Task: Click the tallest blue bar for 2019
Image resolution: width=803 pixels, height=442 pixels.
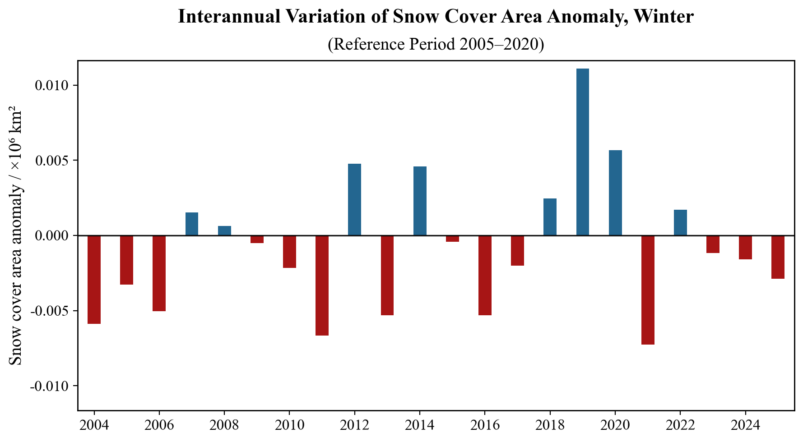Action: (582, 152)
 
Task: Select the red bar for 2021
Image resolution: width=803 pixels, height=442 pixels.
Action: (648, 290)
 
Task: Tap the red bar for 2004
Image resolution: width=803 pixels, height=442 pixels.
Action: (94, 280)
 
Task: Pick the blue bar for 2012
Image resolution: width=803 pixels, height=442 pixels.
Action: (354, 199)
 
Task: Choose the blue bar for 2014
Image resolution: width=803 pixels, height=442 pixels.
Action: (420, 201)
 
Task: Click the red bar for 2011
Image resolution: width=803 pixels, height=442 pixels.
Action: (322, 285)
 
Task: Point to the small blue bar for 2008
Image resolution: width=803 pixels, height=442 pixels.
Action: (224, 230)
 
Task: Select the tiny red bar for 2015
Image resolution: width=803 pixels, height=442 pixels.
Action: (452, 239)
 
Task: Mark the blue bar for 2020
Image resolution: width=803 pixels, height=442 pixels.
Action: (615, 193)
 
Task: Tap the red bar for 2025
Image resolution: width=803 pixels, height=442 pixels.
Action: (778, 257)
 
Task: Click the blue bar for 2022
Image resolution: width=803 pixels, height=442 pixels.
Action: (680, 222)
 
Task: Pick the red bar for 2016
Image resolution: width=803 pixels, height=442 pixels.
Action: (485, 275)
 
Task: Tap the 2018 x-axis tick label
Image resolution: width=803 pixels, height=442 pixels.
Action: (550, 425)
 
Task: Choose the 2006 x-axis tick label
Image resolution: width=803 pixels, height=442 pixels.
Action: (159, 425)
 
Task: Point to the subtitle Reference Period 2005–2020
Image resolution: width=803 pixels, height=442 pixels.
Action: (436, 44)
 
